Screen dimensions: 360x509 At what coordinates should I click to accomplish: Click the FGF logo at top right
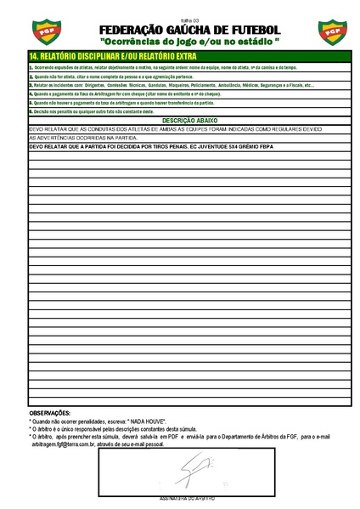331,32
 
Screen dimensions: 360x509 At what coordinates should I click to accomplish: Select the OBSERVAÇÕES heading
51,413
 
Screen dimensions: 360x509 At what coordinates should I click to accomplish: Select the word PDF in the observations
166,437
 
